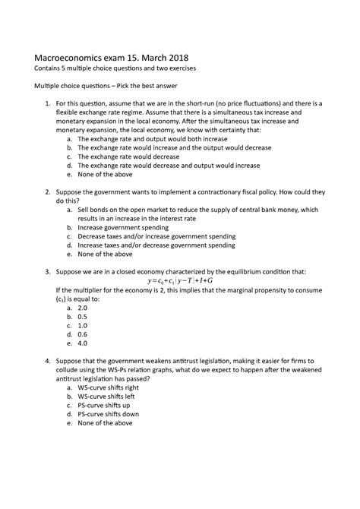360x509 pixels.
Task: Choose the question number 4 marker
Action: point(48,359)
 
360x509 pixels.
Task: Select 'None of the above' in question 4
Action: point(112,423)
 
